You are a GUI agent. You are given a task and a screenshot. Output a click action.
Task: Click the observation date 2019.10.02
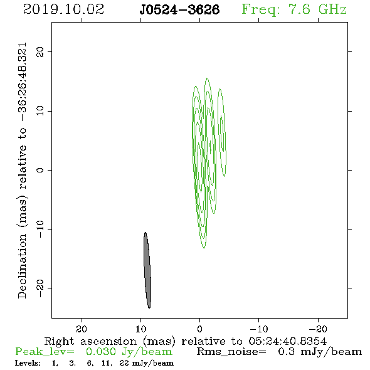[x=63, y=9]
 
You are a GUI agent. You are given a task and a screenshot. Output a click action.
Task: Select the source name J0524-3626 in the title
[x=179, y=9]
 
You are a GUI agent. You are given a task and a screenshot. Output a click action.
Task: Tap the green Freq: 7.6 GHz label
[x=294, y=9]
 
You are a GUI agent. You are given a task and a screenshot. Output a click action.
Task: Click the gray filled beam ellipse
[x=147, y=270]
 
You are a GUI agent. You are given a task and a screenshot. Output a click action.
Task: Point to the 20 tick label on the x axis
[x=82, y=329]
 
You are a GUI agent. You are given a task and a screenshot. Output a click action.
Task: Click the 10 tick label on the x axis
[x=141, y=329]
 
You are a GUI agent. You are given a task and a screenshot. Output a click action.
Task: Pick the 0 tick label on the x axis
[x=200, y=329]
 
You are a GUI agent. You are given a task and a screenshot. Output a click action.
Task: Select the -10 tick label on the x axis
[x=259, y=329]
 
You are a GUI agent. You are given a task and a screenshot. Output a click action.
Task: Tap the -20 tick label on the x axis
[x=318, y=329]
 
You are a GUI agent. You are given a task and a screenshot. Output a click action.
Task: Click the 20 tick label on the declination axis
[x=40, y=52]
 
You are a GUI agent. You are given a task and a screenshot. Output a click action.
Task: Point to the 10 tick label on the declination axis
[x=40, y=111]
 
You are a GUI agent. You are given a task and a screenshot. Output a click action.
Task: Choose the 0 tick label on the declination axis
[x=40, y=170]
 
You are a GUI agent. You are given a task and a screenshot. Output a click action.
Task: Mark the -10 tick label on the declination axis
[x=40, y=229]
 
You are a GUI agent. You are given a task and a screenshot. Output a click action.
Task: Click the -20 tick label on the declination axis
[x=40, y=288]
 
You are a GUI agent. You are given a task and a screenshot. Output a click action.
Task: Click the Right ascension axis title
[x=186, y=341]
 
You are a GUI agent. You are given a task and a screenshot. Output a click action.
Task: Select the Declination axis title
[x=22, y=171]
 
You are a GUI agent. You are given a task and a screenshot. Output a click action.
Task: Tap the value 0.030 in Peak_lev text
[x=101, y=352]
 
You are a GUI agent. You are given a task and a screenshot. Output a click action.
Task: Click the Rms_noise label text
[x=231, y=352]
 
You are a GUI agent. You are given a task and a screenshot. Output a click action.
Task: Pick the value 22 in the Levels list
[x=124, y=363]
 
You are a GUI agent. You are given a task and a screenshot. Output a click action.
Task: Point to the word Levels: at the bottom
[x=28, y=363]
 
